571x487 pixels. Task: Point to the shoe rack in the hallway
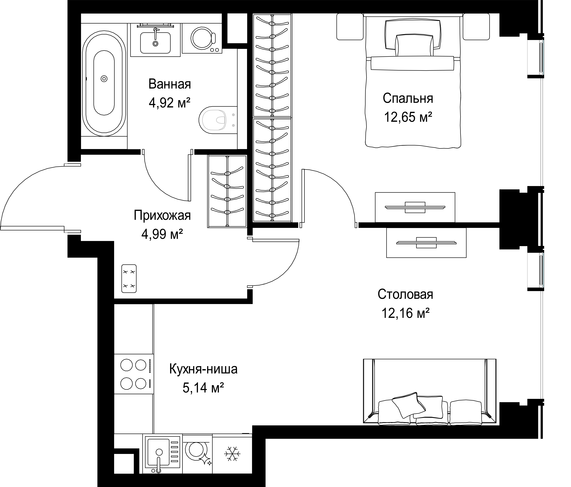click(x=129, y=279)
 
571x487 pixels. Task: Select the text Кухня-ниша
click(x=203, y=369)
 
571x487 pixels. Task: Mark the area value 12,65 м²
click(x=408, y=117)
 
